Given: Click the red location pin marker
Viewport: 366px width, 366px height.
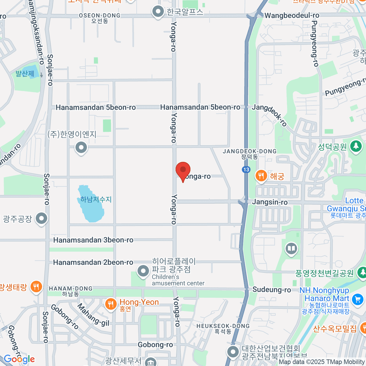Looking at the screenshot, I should click(183, 170).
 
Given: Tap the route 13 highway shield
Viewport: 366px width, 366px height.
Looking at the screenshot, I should click(246, 170).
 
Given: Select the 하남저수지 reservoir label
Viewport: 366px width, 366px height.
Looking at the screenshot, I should click(96, 199).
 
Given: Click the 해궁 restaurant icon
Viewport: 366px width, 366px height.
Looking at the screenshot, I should click(261, 176).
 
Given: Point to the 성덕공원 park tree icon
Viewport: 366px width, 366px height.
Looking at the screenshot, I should click(356, 146).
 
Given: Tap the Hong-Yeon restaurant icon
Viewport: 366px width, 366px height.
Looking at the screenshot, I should click(110, 304).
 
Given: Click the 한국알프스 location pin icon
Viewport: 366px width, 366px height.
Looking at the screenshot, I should click(158, 12).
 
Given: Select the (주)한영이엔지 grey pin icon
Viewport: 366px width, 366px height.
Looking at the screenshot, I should click(81, 148).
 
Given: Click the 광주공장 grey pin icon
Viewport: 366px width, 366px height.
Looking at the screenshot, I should click(41, 218).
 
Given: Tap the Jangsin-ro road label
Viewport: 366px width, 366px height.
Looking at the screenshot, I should click(270, 202).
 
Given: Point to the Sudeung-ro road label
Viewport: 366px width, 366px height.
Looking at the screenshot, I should click(271, 290).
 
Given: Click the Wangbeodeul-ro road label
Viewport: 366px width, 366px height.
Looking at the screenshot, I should click(292, 15).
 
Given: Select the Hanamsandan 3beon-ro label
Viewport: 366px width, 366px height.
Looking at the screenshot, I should click(93, 240).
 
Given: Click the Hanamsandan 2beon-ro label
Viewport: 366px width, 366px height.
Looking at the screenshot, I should click(93, 262).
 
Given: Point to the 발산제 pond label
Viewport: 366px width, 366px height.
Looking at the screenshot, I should click(25, 74).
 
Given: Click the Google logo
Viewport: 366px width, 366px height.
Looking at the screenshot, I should click(19, 359).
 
